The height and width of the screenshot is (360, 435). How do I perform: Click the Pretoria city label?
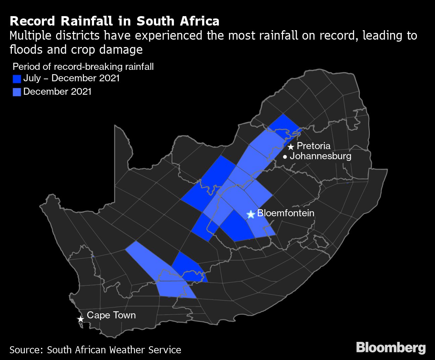(313, 146)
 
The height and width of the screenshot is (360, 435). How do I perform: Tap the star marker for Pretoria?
(291, 147)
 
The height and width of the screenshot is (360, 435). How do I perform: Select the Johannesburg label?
(320, 156)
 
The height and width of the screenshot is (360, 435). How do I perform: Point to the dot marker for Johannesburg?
(285, 156)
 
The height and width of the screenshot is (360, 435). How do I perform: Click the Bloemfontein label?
(286, 213)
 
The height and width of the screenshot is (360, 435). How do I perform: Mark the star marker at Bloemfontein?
(250, 214)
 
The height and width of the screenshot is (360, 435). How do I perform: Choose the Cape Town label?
(111, 315)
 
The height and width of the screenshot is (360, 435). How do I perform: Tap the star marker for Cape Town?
(80, 319)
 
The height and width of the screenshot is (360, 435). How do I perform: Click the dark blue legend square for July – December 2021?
(17, 79)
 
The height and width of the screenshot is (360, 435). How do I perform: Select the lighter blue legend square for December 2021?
(17, 92)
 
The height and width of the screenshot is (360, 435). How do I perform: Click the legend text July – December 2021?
(71, 78)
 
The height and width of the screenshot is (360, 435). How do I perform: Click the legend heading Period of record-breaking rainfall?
(83, 66)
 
